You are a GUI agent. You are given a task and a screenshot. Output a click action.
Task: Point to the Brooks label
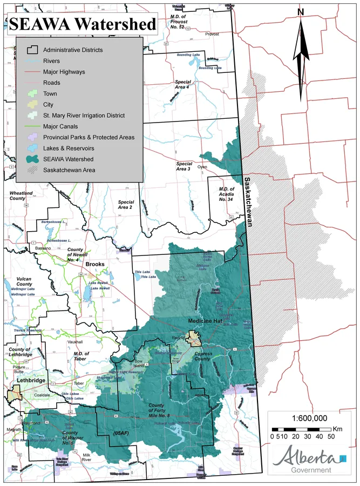coord(108,264)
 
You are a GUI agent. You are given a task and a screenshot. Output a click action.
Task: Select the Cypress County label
coord(202,356)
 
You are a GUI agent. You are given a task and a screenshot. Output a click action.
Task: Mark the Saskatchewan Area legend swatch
coord(32,170)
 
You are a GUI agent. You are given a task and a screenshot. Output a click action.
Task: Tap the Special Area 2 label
coord(125,205)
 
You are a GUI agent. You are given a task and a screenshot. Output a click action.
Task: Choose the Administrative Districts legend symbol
coord(32,50)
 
